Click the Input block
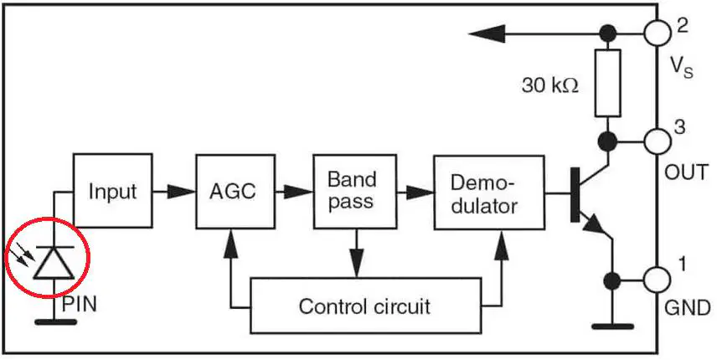click(x=112, y=191)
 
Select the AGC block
click(x=235, y=192)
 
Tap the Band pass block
click(x=355, y=192)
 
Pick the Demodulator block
click(x=489, y=193)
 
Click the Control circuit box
click(x=366, y=306)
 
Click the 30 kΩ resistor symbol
click(x=608, y=83)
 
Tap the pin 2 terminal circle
click(x=657, y=33)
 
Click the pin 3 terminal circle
click(x=658, y=141)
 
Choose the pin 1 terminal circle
click(x=658, y=280)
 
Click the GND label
click(x=688, y=307)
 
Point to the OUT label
click(x=686, y=172)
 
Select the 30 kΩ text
click(x=550, y=85)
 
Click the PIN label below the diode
click(x=79, y=304)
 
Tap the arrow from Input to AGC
click(x=173, y=192)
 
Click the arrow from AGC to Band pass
click(x=294, y=192)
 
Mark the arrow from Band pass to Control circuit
click(x=357, y=253)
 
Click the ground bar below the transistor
click(x=613, y=327)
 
